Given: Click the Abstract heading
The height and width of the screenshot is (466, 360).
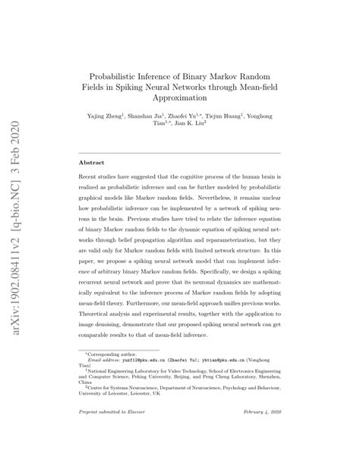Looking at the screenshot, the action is [93, 163].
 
